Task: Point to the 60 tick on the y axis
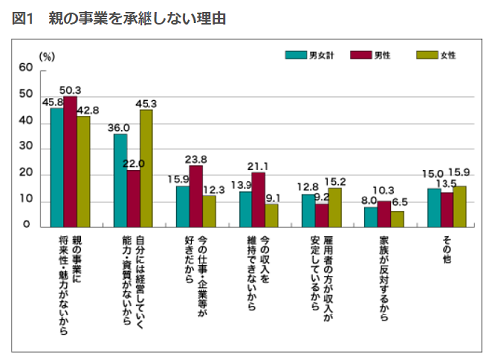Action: click(25, 71)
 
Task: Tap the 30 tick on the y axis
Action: click(25, 148)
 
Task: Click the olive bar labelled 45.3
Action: click(146, 168)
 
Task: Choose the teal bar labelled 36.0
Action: click(121, 180)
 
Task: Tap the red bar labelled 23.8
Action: click(196, 196)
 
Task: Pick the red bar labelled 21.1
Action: click(258, 199)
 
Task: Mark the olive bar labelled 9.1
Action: click(271, 215)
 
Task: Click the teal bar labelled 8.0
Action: click(371, 216)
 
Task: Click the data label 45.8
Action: click(53, 101)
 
